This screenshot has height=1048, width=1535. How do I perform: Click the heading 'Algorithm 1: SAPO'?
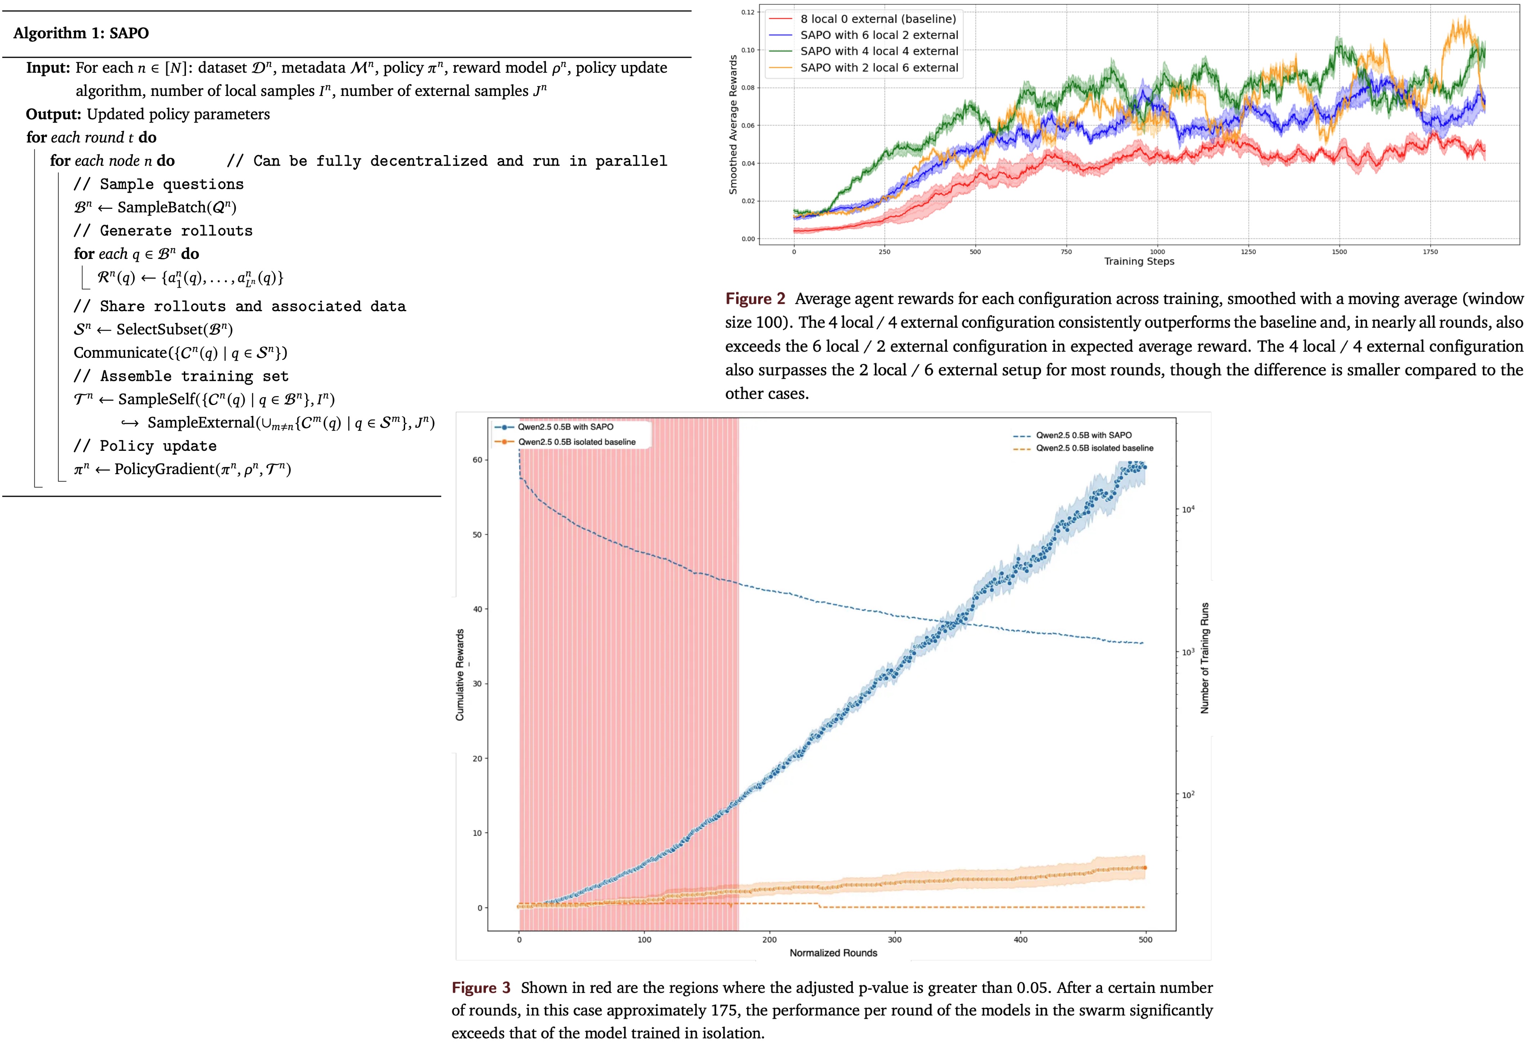(x=81, y=33)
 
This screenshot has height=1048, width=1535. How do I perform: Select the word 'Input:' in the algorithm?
(x=48, y=68)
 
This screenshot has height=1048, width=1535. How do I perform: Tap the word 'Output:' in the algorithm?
(x=53, y=114)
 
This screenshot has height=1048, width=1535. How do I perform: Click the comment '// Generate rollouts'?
(x=163, y=230)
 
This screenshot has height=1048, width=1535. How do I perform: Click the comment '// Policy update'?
(x=145, y=446)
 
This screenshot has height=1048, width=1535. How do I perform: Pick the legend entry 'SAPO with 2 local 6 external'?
(x=879, y=67)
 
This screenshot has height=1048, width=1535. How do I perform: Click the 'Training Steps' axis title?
(x=1139, y=262)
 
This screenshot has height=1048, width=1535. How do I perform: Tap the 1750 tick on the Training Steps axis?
(x=1430, y=252)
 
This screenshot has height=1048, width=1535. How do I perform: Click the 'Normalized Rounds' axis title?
(x=833, y=953)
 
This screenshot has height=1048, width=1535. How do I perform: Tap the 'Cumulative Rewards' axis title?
(x=460, y=674)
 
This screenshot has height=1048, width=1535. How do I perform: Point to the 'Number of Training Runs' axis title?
(x=1204, y=657)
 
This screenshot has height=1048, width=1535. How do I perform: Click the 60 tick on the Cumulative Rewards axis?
(x=477, y=460)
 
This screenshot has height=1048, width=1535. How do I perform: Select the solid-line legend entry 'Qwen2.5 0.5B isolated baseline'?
(x=576, y=442)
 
